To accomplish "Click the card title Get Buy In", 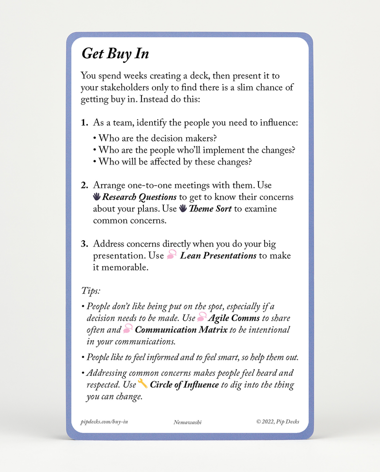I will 115,53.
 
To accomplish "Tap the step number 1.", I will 85,123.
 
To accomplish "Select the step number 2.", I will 85,185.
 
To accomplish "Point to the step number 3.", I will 85,244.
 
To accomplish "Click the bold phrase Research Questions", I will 140,197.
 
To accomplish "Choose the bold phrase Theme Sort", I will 210,209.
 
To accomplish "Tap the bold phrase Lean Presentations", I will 218,256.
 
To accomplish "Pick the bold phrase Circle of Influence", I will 184,385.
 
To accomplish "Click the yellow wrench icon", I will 142,383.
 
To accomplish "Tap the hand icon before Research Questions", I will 96,197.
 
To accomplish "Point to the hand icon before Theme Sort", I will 183,208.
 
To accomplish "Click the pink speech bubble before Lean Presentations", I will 172,256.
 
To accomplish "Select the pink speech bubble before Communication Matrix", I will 127,329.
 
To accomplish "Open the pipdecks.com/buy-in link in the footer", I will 104,422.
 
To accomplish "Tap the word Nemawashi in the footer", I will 188,422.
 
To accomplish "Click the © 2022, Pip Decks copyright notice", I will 277,422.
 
